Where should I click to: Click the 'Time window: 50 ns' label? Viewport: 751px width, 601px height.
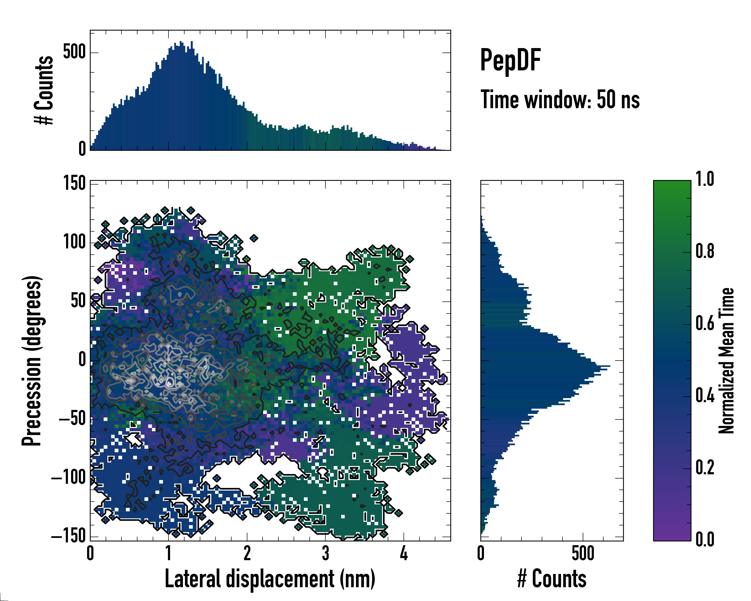click(560, 100)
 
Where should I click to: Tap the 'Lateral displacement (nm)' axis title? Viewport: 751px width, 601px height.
click(270, 579)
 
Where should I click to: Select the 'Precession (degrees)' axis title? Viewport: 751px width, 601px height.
click(32, 360)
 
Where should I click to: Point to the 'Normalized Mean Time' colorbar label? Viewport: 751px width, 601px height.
click(726, 360)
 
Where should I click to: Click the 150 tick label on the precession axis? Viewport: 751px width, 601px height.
click(74, 183)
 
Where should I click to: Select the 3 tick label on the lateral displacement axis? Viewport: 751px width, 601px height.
click(325, 553)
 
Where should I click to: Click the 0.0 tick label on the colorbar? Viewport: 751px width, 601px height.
click(705, 539)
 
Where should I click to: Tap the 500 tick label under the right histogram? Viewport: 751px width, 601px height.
click(583, 553)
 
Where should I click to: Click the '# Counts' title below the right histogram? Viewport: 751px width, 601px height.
click(552, 579)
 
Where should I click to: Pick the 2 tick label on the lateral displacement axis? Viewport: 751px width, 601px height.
click(247, 553)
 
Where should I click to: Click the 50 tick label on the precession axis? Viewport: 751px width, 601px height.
click(78, 301)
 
